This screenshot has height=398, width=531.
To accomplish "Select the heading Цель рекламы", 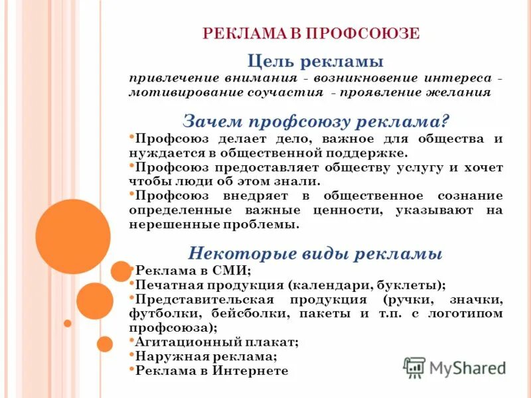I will (x=315, y=62).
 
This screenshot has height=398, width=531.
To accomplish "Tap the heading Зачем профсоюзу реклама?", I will (x=316, y=121).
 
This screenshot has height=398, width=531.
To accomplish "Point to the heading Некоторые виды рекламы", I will (x=315, y=253).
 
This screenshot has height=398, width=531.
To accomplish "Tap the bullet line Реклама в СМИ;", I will (x=192, y=271).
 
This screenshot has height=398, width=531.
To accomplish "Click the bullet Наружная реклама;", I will (x=206, y=357).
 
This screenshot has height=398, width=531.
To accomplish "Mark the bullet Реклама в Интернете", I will (x=212, y=371).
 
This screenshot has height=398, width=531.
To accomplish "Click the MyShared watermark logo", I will (x=455, y=367).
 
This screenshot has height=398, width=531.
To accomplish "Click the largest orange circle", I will (x=72, y=236).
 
